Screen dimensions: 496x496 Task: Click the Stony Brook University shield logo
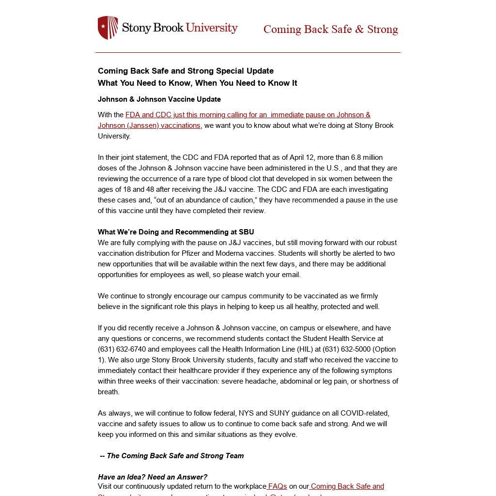coord(108,28)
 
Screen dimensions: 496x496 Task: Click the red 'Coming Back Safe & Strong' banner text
coord(330,29)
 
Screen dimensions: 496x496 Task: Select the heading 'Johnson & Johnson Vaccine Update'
coord(159,99)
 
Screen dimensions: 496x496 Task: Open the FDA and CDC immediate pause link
coord(234,120)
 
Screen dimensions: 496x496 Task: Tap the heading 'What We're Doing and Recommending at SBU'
coord(176,232)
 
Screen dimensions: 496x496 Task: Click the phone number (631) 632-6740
coord(122,349)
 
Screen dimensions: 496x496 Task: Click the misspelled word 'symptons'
coord(382,371)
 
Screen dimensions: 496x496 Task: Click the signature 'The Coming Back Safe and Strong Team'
coord(175,456)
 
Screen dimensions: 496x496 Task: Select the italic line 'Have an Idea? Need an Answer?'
coord(153,477)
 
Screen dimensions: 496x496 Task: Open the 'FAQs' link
coord(278,486)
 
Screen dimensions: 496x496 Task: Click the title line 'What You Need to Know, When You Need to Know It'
coord(198,83)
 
